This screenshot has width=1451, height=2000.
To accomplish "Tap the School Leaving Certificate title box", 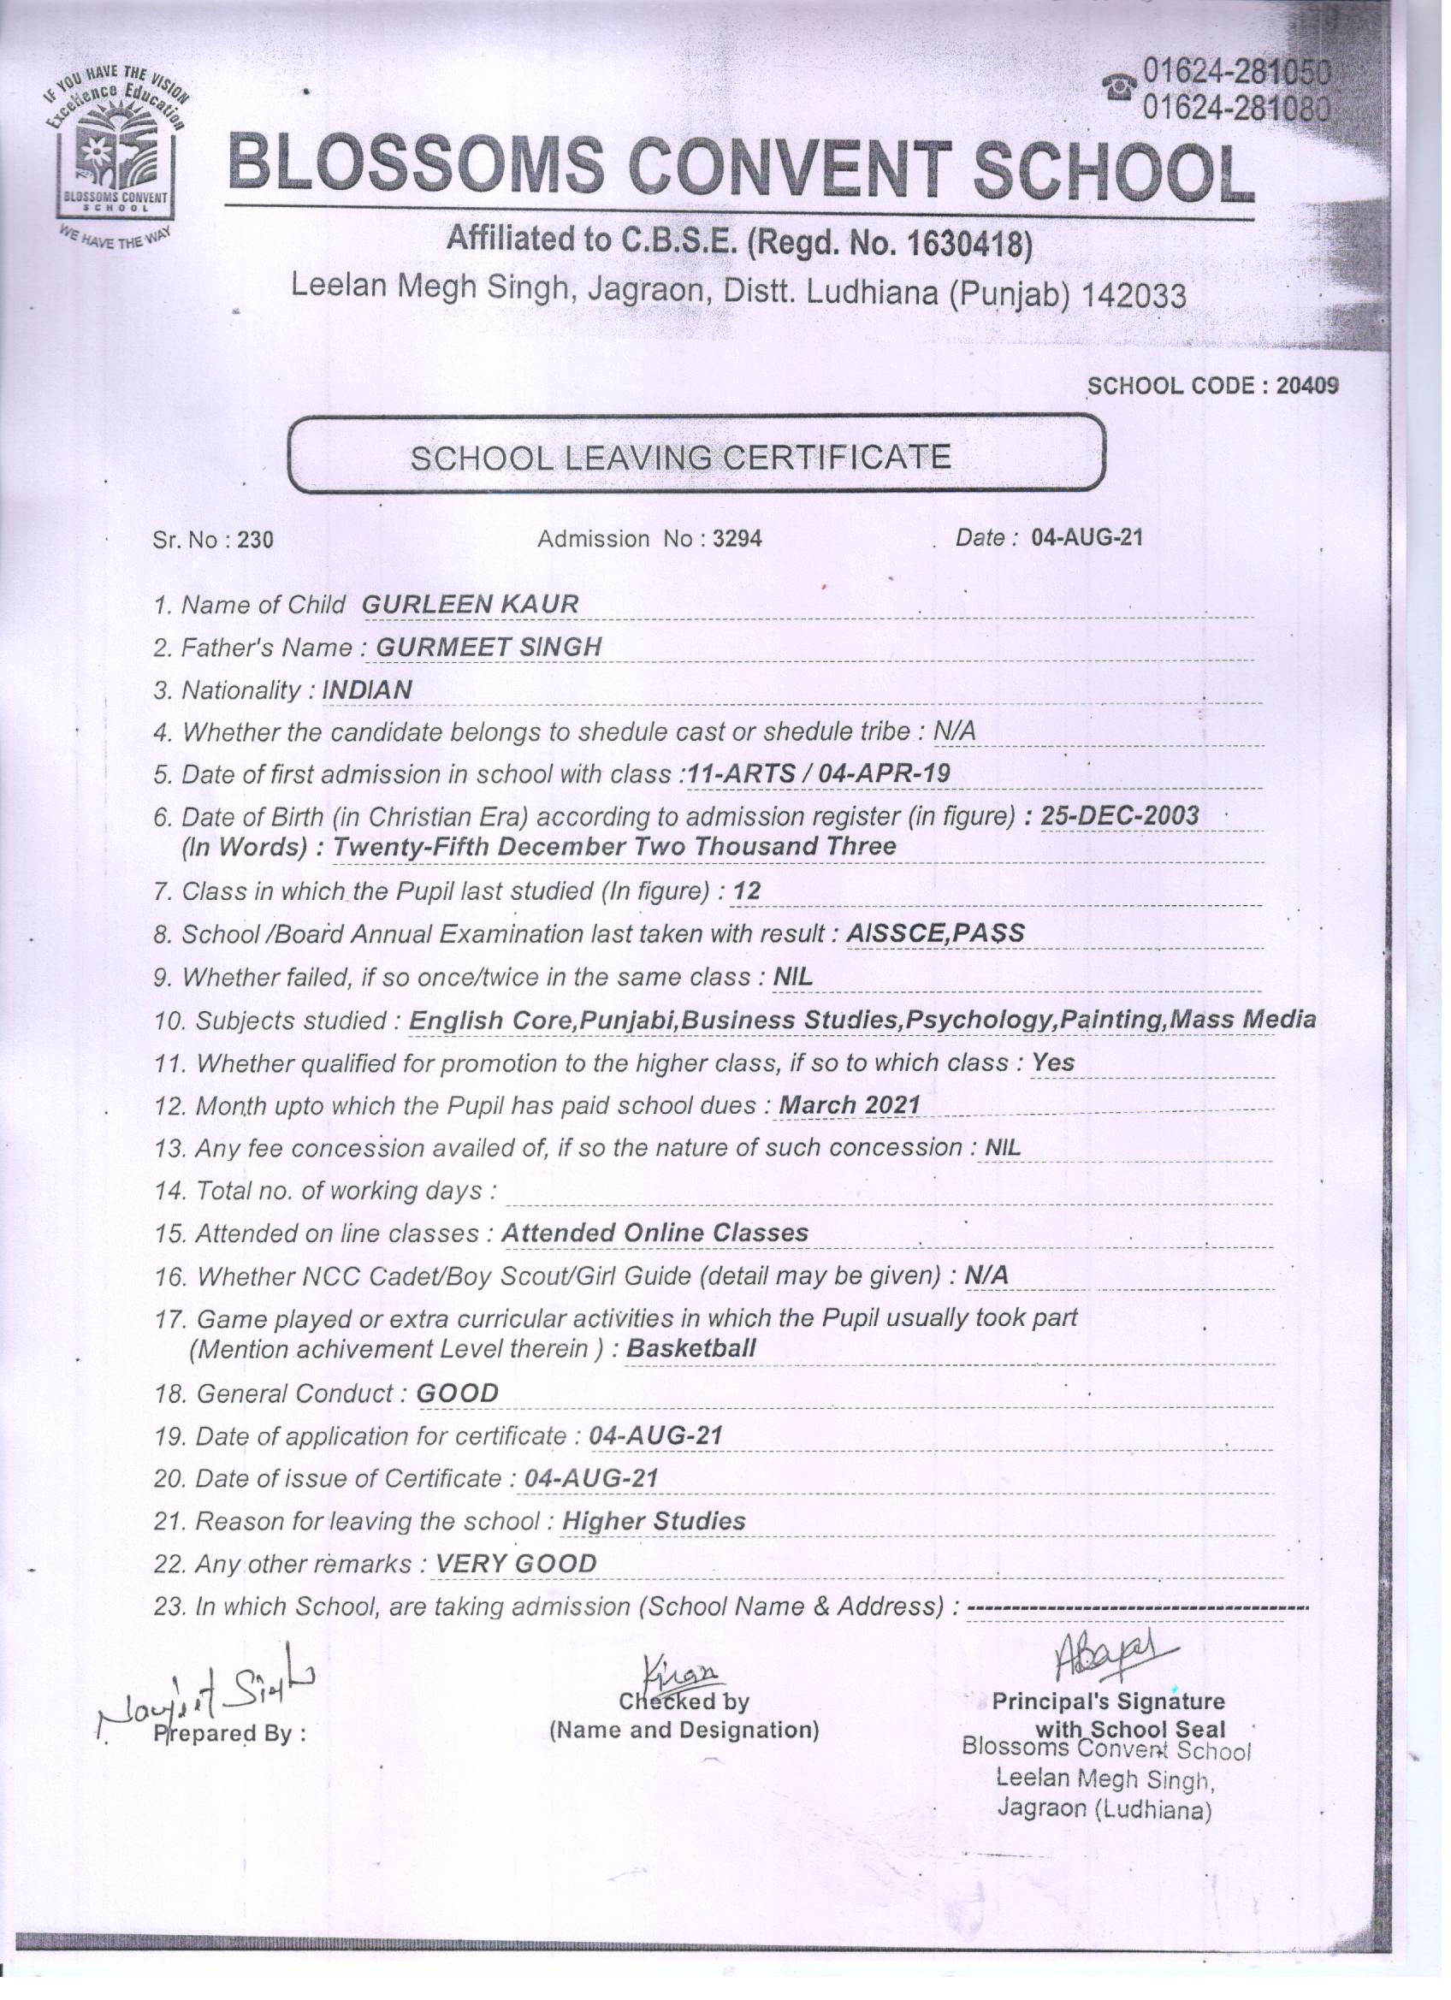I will [696, 456].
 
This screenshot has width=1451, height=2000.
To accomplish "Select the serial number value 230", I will [256, 540].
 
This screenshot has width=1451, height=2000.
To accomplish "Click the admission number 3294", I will [737, 538].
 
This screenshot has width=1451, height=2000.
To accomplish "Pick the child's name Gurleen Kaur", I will [471, 605].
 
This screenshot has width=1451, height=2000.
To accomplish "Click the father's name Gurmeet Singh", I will [489, 648].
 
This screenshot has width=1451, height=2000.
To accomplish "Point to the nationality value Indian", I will [367, 690].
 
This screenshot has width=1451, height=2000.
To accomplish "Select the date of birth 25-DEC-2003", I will [1119, 816].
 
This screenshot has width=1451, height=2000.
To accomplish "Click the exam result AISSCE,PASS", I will [935, 933].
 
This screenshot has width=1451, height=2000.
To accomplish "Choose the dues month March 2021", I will [850, 1105].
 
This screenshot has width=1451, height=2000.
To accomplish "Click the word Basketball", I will [690, 1348].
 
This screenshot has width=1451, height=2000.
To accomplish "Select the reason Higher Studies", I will [654, 1521].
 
